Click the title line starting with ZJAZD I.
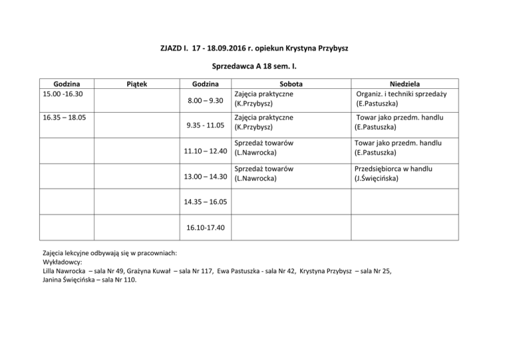[254, 48]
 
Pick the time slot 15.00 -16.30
[64, 94]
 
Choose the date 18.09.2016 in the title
[224, 48]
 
